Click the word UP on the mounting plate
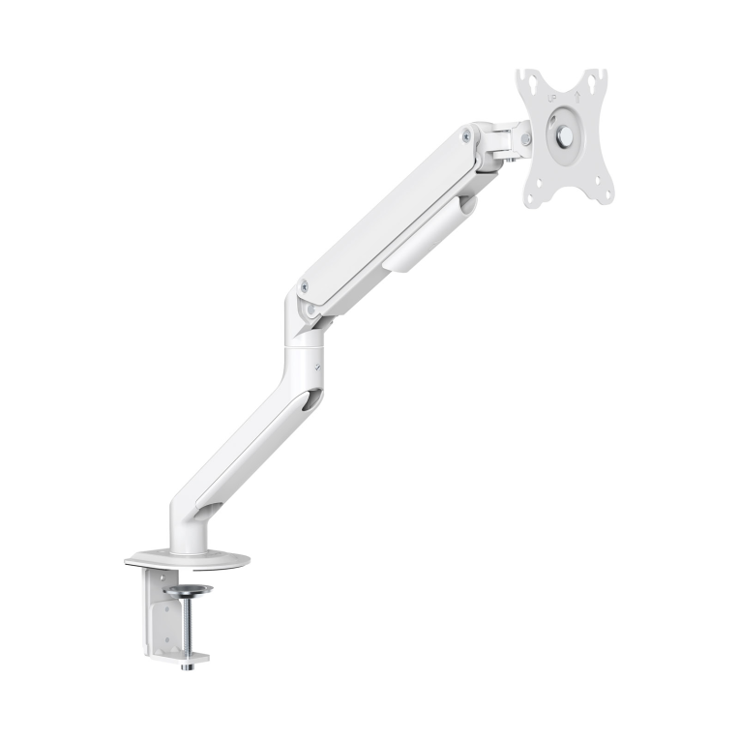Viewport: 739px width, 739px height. coord(552,98)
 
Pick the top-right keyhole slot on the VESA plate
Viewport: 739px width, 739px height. coord(591,83)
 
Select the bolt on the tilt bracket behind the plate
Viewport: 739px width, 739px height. coord(525,139)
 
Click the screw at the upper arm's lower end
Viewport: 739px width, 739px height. coord(305,285)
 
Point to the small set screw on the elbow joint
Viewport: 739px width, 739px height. coord(319,365)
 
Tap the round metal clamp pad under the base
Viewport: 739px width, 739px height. coord(189,589)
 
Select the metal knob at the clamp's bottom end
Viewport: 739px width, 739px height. coord(190,666)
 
